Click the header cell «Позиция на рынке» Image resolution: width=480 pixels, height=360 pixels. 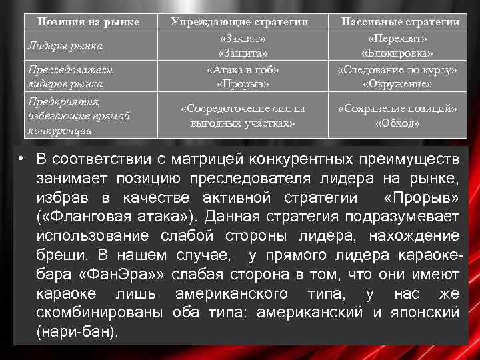click(x=88, y=22)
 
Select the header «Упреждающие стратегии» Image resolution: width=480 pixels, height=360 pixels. click(x=239, y=22)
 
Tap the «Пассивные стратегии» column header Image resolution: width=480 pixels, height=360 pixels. click(x=400, y=22)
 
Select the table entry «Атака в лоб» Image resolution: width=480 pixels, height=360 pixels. click(x=243, y=69)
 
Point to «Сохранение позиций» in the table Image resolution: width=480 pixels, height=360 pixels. click(x=397, y=108)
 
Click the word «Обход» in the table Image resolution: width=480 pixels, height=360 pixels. click(x=397, y=123)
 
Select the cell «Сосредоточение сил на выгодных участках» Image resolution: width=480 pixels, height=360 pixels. click(x=243, y=115)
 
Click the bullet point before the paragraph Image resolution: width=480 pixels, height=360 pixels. click(x=23, y=158)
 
